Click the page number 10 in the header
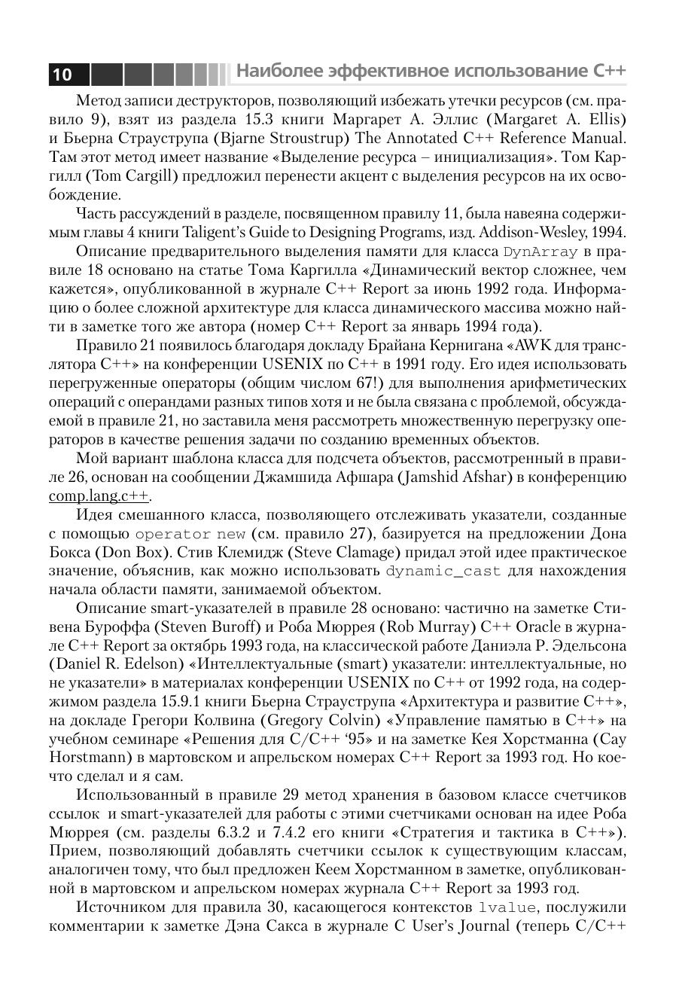tap(62, 74)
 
